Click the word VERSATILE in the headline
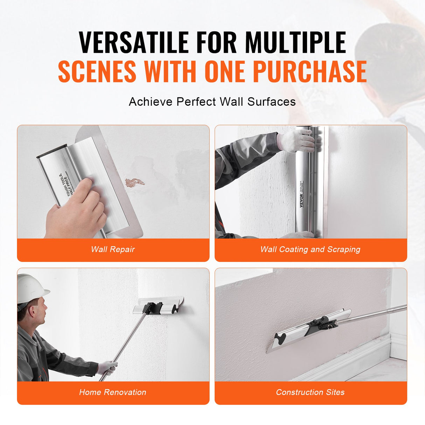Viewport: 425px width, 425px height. (134, 42)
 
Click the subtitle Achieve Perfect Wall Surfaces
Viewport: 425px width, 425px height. (212, 102)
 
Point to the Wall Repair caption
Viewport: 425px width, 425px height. (113, 249)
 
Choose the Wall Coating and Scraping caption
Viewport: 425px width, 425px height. (310, 249)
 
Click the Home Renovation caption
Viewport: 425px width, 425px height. (113, 392)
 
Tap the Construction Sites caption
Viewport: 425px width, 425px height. (310, 392)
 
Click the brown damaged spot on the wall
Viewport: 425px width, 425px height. (135, 182)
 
